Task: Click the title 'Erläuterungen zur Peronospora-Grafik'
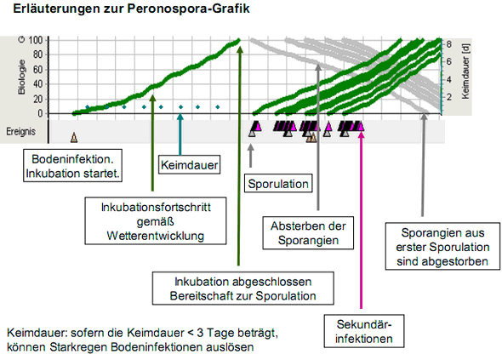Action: pyautogui.click(x=131, y=9)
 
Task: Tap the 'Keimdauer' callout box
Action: pyautogui.click(x=190, y=165)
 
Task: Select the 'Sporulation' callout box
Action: pyautogui.click(x=278, y=183)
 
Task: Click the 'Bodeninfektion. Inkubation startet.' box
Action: pyautogui.click(x=72, y=166)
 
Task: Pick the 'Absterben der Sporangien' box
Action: pyautogui.click(x=308, y=233)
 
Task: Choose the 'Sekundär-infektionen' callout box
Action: pyautogui.click(x=364, y=331)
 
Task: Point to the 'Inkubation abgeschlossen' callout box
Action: pyautogui.click(x=243, y=289)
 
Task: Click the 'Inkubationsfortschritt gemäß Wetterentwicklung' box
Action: pyautogui.click(x=156, y=221)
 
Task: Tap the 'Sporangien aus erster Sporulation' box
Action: pyautogui.click(x=442, y=246)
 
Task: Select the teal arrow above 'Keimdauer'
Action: pyautogui.click(x=180, y=134)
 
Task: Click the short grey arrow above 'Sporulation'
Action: pyautogui.click(x=251, y=156)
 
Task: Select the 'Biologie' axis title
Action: pyautogui.click(x=21, y=77)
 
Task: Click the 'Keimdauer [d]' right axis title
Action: pyautogui.click(x=465, y=71)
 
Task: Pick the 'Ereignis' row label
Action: pyautogui.click(x=20, y=131)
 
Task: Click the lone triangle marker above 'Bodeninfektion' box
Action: pyautogui.click(x=74, y=137)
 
